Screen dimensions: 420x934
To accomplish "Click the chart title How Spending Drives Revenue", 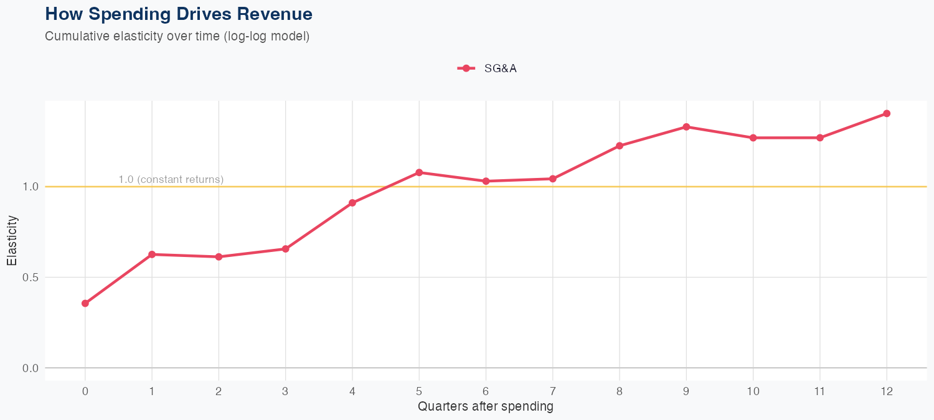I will click(179, 14).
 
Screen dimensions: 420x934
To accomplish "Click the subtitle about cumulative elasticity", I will click(177, 36).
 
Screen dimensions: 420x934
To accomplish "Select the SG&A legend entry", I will click(488, 68).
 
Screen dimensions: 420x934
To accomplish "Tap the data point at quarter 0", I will click(85, 304).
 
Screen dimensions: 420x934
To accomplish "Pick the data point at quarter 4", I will click(352, 203).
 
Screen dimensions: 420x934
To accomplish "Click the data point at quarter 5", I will click(419, 172).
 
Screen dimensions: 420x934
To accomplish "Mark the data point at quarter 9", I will click(686, 127).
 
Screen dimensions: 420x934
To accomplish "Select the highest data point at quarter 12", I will click(887, 113).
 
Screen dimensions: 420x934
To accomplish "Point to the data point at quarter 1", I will click(152, 254).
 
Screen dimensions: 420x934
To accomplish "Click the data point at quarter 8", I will click(620, 146).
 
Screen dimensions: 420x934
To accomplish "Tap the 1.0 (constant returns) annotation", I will click(171, 180).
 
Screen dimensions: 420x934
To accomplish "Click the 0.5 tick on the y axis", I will click(30, 278).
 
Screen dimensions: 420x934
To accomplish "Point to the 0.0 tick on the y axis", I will click(30, 368).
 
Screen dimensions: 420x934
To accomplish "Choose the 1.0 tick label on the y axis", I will click(30, 187).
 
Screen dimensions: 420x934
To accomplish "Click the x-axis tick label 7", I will click(553, 391).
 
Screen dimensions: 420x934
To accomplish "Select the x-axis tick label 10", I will click(753, 391).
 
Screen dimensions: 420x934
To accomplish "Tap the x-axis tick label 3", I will click(286, 391).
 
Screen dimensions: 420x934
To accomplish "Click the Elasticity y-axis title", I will click(12, 240).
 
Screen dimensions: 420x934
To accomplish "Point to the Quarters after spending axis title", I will click(485, 407).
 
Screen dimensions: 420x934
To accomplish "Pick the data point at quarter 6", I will click(486, 181).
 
